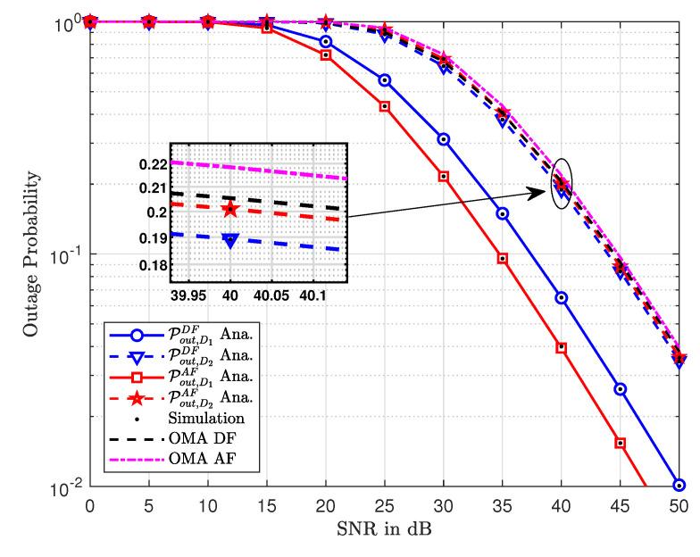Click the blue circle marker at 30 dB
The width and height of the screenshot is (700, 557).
click(x=444, y=139)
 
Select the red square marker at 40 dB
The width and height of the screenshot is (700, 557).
click(x=562, y=347)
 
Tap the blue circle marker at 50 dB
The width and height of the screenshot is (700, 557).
click(x=679, y=486)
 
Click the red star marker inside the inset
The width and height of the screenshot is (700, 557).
click(x=230, y=209)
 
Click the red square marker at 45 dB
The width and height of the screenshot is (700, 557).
click(x=621, y=443)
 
